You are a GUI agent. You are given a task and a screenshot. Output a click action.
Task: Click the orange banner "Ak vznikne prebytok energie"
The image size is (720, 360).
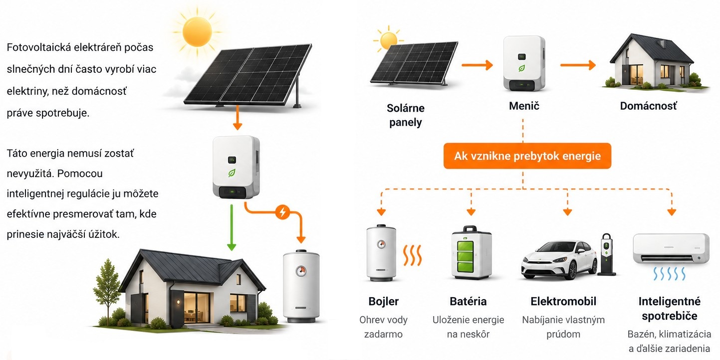coord(527,156)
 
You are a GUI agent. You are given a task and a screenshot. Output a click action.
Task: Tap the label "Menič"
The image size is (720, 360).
coord(524,106)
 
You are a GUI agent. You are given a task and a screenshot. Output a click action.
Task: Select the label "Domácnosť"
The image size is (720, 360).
coord(648,106)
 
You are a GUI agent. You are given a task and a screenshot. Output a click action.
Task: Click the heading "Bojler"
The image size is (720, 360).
coord(384,301)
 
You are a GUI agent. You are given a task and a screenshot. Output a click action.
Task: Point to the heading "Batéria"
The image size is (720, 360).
coord(468,301)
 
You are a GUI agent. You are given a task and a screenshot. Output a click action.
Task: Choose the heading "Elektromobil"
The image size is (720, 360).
coord(563,301)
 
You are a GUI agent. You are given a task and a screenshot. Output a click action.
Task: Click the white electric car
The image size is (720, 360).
coord(559,259)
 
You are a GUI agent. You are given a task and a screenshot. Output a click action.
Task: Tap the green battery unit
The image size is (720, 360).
coord(471,252)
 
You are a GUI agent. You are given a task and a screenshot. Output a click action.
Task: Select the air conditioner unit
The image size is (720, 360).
coord(671,248)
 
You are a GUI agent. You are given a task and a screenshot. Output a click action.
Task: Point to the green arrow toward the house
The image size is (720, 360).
coord(232,227)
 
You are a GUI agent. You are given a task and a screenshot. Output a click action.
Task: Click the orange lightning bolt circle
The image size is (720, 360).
coord(282,212)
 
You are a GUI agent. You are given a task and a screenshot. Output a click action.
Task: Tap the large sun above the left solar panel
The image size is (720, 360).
coord(197,32)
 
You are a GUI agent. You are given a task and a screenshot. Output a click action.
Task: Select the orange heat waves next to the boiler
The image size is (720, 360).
coord(412,255)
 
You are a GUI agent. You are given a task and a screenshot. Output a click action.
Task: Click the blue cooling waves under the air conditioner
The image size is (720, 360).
coord(670,274)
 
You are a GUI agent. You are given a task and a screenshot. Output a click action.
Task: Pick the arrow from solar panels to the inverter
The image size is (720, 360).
coord(477,65)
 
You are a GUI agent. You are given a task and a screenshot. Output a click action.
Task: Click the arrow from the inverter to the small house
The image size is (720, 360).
coord(578,65)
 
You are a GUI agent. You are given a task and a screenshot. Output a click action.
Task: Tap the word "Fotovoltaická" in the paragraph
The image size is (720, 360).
coord(39,47)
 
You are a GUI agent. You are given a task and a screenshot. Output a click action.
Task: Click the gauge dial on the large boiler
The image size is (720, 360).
coord(301,271)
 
